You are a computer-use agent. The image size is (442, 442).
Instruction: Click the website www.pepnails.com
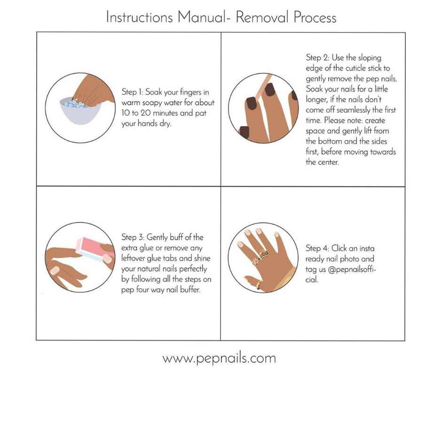(x=219, y=358)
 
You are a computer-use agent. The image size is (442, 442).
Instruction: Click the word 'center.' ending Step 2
(x=318, y=162)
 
